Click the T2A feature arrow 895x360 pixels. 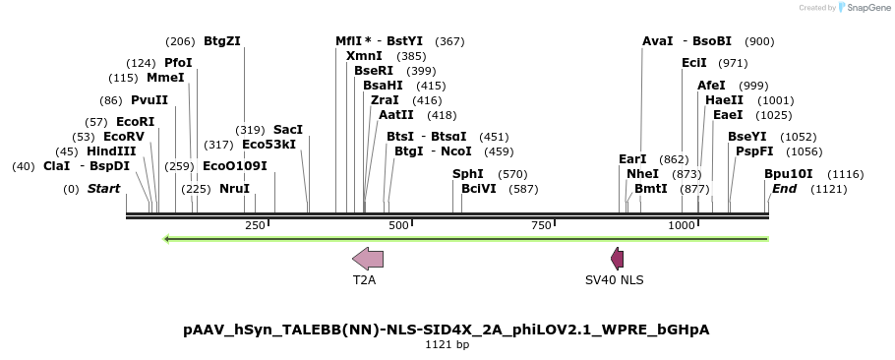point(368,259)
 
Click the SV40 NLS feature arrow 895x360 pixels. point(617,259)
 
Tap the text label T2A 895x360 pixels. point(365,280)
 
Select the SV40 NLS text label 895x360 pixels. point(615,280)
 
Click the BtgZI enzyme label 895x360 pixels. point(222,41)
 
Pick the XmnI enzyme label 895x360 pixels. point(364,56)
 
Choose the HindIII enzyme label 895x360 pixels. point(111,151)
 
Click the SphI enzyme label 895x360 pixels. point(468,173)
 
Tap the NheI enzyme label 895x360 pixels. point(642,173)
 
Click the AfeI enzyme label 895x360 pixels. point(711,86)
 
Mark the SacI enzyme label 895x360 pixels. point(288,130)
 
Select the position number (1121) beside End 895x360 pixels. point(828,189)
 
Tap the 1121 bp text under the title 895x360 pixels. point(447,345)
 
